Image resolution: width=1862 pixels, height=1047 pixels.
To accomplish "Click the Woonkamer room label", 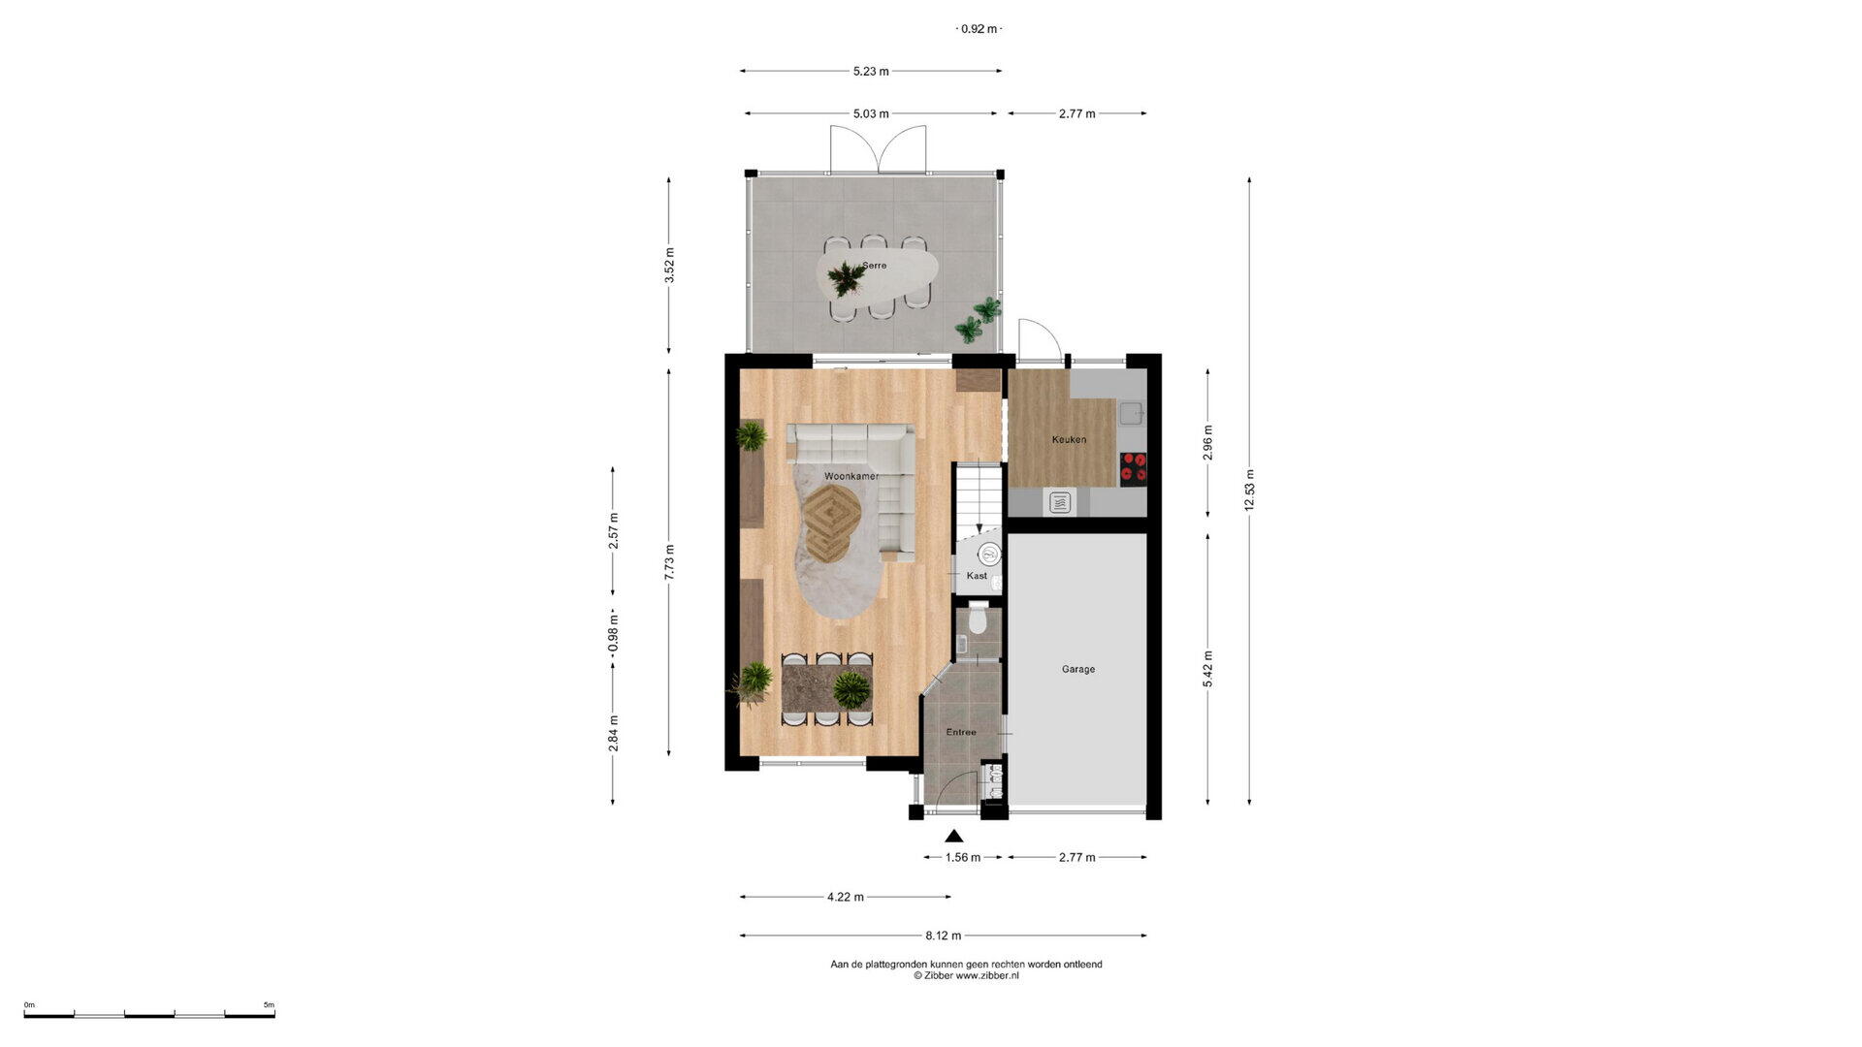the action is (851, 477).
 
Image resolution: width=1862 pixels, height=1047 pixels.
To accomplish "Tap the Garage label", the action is (1078, 669).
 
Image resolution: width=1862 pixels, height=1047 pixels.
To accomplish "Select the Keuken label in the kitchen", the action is (1069, 439).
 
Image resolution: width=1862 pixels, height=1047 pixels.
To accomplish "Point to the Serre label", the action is (874, 266).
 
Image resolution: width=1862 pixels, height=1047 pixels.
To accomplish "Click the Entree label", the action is (961, 732).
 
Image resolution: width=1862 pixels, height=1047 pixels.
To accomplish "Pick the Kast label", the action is (977, 576).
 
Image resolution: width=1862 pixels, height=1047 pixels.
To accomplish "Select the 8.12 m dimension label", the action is (943, 936).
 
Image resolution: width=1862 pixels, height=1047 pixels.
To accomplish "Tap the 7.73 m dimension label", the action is (669, 562).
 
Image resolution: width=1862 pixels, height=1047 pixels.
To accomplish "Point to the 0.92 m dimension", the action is (979, 29).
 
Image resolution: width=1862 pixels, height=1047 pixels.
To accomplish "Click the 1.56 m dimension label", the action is (962, 857).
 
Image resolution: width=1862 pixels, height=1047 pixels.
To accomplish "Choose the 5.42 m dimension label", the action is (1207, 669).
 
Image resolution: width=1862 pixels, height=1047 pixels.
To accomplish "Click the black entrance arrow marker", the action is (954, 837).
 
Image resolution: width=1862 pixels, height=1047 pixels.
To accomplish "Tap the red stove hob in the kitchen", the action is (1134, 467).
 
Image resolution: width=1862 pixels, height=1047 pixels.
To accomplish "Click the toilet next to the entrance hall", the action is (979, 618).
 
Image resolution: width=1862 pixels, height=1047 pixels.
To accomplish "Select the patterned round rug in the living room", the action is (831, 522).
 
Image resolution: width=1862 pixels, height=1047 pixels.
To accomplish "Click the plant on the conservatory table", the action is (846, 278).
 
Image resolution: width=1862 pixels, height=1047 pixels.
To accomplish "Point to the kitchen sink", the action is (1132, 414).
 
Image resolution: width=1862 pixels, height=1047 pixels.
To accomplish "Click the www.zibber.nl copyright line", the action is (966, 976).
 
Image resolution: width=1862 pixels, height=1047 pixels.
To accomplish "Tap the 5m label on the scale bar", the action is (269, 1005).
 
